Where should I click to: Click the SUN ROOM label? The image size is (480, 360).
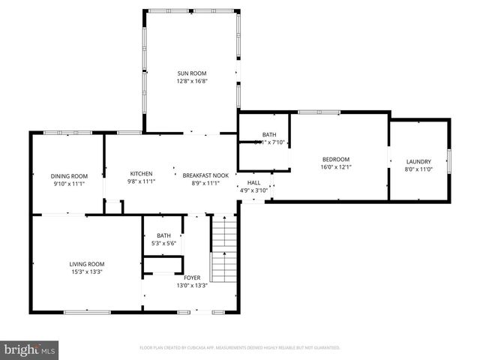191,73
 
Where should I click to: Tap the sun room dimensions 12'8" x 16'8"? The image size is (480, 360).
191,81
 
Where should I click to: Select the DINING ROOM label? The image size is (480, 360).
69,175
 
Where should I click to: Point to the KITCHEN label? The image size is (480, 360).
141,174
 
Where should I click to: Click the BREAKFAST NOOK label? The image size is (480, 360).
205,175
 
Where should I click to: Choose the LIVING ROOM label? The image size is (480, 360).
86,264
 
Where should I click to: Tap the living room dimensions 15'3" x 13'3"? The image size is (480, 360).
86,271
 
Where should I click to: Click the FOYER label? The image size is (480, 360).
192,277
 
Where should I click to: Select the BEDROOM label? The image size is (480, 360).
335,159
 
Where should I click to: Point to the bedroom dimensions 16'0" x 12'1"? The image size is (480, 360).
335,167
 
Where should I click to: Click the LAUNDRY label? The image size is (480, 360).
418,162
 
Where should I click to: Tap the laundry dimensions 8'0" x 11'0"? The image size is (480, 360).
418,170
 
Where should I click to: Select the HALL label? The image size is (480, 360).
253,182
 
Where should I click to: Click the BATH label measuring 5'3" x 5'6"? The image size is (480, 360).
163,235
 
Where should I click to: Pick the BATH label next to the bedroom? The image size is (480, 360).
268,135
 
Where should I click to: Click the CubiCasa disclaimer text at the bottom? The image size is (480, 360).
240,348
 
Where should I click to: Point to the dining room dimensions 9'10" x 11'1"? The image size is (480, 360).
69,184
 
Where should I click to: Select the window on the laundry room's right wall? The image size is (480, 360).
449,160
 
